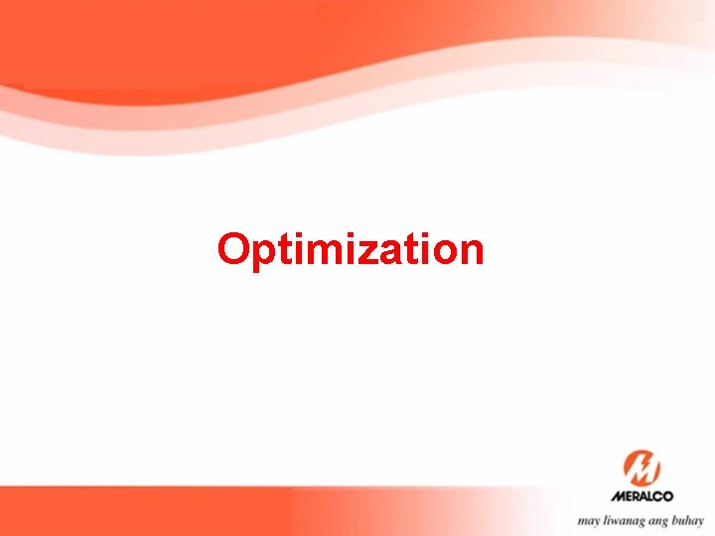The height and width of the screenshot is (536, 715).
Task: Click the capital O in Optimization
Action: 234,249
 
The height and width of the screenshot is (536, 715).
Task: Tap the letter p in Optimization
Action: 262,253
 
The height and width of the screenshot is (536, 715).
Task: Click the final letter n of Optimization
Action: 469,252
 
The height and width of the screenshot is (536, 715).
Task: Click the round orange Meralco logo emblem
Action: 642,468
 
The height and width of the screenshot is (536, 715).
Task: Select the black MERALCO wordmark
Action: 642,496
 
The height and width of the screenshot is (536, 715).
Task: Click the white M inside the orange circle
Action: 642,468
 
